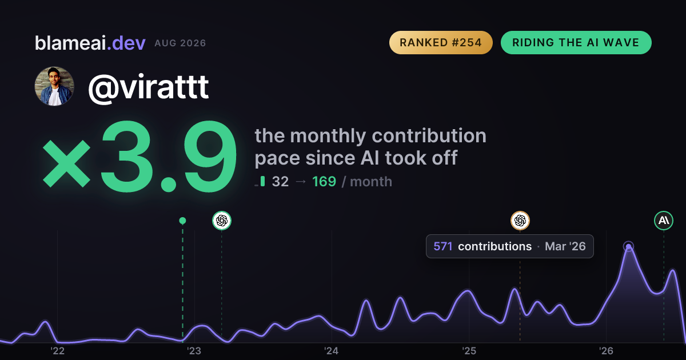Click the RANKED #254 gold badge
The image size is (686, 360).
441,42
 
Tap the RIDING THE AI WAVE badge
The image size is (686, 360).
576,42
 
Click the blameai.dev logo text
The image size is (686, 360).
90,43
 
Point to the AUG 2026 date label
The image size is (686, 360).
180,43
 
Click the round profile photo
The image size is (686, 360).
54,86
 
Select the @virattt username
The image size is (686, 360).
149,87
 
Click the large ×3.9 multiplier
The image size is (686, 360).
139,157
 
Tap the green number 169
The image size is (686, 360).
324,182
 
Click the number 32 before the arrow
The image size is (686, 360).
280,182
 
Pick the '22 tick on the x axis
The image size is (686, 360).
57,351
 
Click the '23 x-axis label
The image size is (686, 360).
194,351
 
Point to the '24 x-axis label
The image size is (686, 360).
332,351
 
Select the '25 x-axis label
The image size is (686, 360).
469,351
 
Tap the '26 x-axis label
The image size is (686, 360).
606,351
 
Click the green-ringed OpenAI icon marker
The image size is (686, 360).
222,221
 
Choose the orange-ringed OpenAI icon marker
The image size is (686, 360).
520,221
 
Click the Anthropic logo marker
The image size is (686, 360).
664,221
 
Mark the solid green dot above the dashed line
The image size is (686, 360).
182,221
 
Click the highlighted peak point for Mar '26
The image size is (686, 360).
628,246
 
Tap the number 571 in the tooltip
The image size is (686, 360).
443,246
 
